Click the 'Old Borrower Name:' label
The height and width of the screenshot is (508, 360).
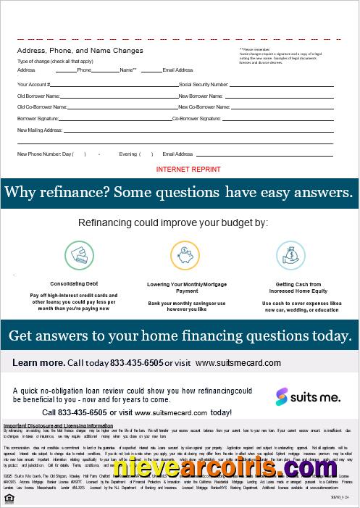click(38, 96)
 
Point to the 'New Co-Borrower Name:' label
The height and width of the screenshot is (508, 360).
click(205, 107)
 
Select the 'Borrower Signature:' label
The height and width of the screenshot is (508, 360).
click(38, 117)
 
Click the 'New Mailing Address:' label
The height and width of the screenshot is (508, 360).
click(40, 130)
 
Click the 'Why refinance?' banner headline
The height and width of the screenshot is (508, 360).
click(179, 193)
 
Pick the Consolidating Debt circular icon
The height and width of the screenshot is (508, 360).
click(79, 254)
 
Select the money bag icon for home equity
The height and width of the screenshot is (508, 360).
click(290, 254)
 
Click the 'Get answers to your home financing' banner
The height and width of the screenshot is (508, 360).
click(179, 336)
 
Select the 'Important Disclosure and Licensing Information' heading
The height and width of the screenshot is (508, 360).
click(59, 425)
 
